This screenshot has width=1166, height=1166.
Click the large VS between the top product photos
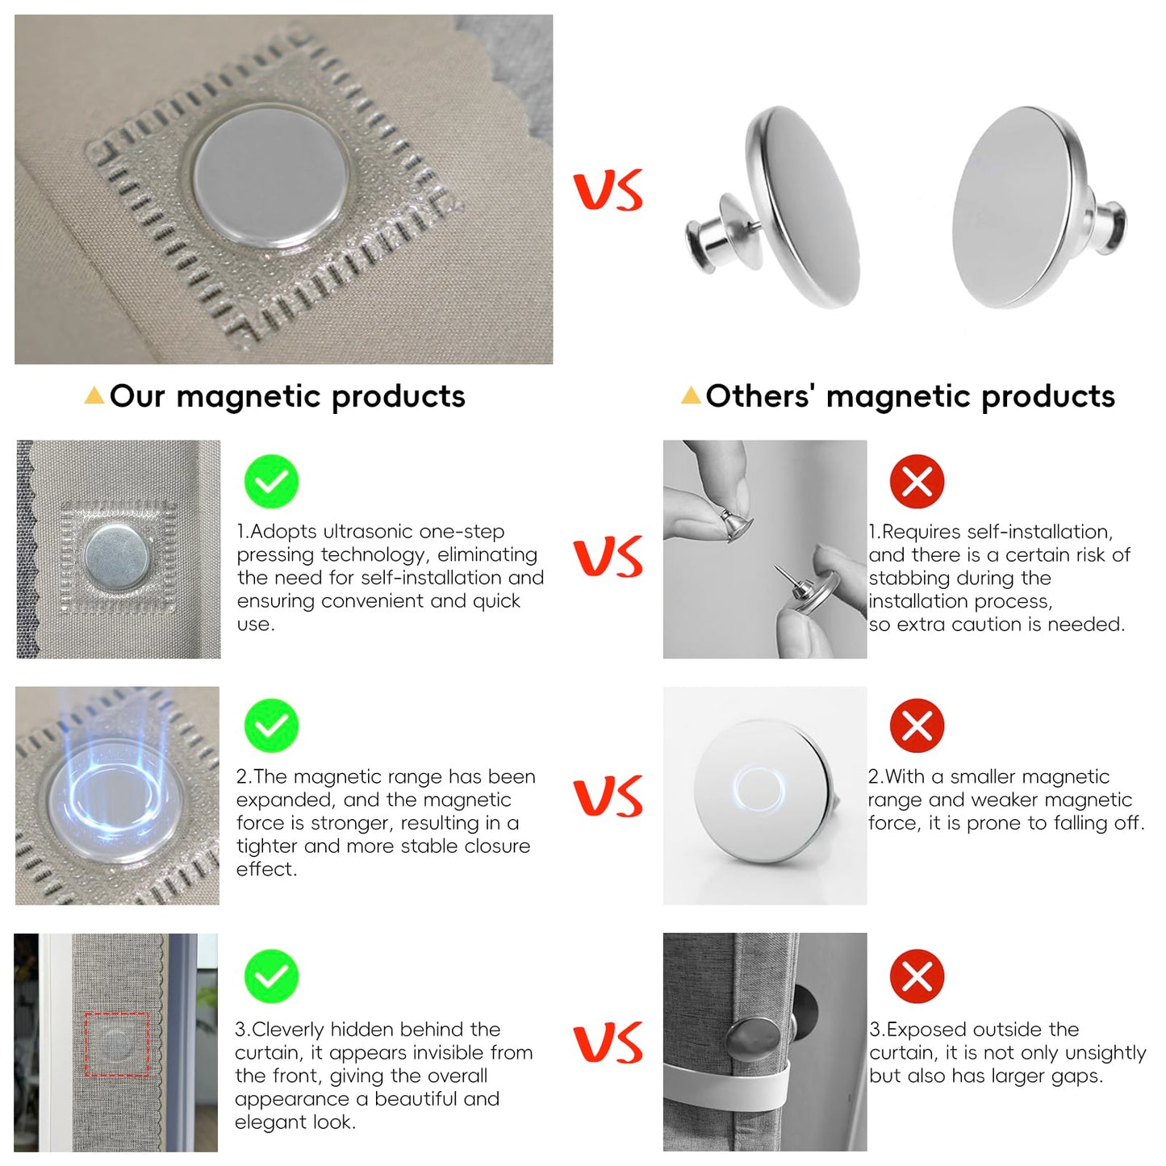[x=608, y=190]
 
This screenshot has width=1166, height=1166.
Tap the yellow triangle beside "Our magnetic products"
[x=94, y=395]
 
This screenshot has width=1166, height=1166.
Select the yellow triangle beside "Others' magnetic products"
[x=691, y=395]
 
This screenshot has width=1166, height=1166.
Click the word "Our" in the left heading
[x=137, y=396]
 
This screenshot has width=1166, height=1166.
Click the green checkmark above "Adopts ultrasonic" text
[x=271, y=482]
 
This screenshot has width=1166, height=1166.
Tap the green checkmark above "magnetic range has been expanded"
[x=271, y=725]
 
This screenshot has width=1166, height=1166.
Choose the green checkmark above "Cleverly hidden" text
[x=271, y=976]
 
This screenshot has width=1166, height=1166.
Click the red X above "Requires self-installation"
[x=917, y=482]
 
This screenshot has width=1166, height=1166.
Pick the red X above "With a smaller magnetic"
[x=917, y=725]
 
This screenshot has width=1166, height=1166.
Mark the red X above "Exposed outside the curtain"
[x=917, y=976]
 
